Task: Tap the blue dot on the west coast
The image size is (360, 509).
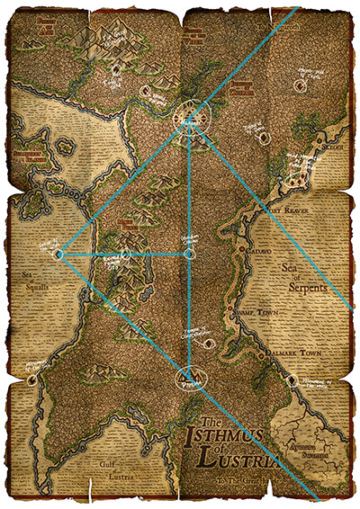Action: (58, 254)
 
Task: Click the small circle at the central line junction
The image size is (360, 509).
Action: (188, 254)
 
